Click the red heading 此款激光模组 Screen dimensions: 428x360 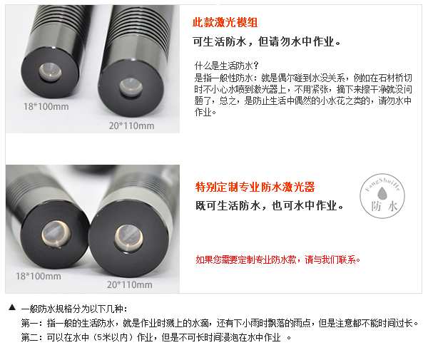coord(225,22)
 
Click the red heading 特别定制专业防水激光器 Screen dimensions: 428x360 coord(255,187)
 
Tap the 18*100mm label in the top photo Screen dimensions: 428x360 coord(46,106)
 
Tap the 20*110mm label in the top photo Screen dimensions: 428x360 coord(131,125)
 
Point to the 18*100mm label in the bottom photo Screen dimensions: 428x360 coord(39,276)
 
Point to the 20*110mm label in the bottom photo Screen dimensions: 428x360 coord(130,284)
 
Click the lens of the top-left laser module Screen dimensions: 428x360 coord(50,72)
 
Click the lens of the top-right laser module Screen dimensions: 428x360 coord(131,87)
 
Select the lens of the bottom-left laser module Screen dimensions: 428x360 coord(56,235)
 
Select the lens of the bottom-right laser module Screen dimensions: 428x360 coord(128,238)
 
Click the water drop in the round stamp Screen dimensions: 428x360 coord(382,193)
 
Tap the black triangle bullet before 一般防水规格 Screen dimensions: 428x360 coord(12,307)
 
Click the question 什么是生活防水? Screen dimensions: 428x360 coord(226,66)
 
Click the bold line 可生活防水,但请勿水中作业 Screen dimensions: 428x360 coord(266,42)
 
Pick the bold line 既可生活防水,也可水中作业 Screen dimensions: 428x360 coord(269,205)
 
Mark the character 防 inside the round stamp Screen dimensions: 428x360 coord(376,207)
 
